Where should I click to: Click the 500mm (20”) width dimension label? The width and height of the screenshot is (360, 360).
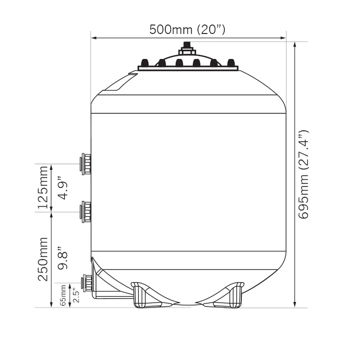[188, 30]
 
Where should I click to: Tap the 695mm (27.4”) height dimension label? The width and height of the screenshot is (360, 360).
[303, 175]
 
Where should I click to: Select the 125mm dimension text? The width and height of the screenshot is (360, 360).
[43, 187]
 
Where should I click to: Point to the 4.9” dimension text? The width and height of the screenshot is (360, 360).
[63, 188]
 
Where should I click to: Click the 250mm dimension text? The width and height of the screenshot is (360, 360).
[43, 260]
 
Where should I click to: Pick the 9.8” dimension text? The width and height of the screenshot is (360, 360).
[63, 258]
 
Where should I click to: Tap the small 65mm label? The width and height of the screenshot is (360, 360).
[63, 295]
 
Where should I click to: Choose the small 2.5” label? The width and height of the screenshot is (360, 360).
[76, 296]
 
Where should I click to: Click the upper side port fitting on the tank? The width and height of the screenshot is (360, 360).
[85, 164]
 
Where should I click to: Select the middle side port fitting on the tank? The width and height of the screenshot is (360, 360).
[85, 212]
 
